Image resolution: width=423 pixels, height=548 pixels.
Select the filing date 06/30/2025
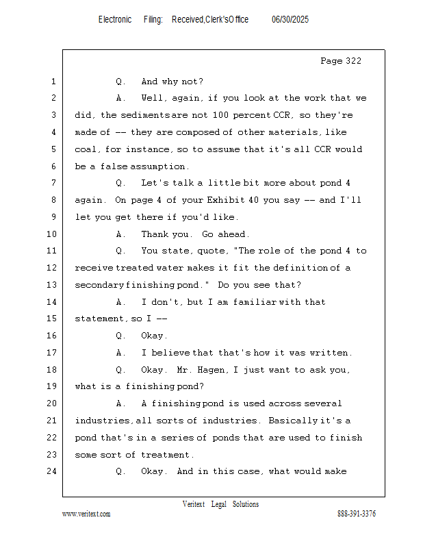(290, 20)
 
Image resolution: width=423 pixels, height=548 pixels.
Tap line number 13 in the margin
(53, 285)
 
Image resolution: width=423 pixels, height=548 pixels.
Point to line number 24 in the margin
(53, 471)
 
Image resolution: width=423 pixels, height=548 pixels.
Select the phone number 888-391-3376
(357, 514)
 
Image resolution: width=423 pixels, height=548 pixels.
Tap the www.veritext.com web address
(86, 514)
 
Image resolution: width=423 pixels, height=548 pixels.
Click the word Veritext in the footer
(194, 504)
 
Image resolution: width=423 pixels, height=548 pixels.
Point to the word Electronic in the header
(115, 20)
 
